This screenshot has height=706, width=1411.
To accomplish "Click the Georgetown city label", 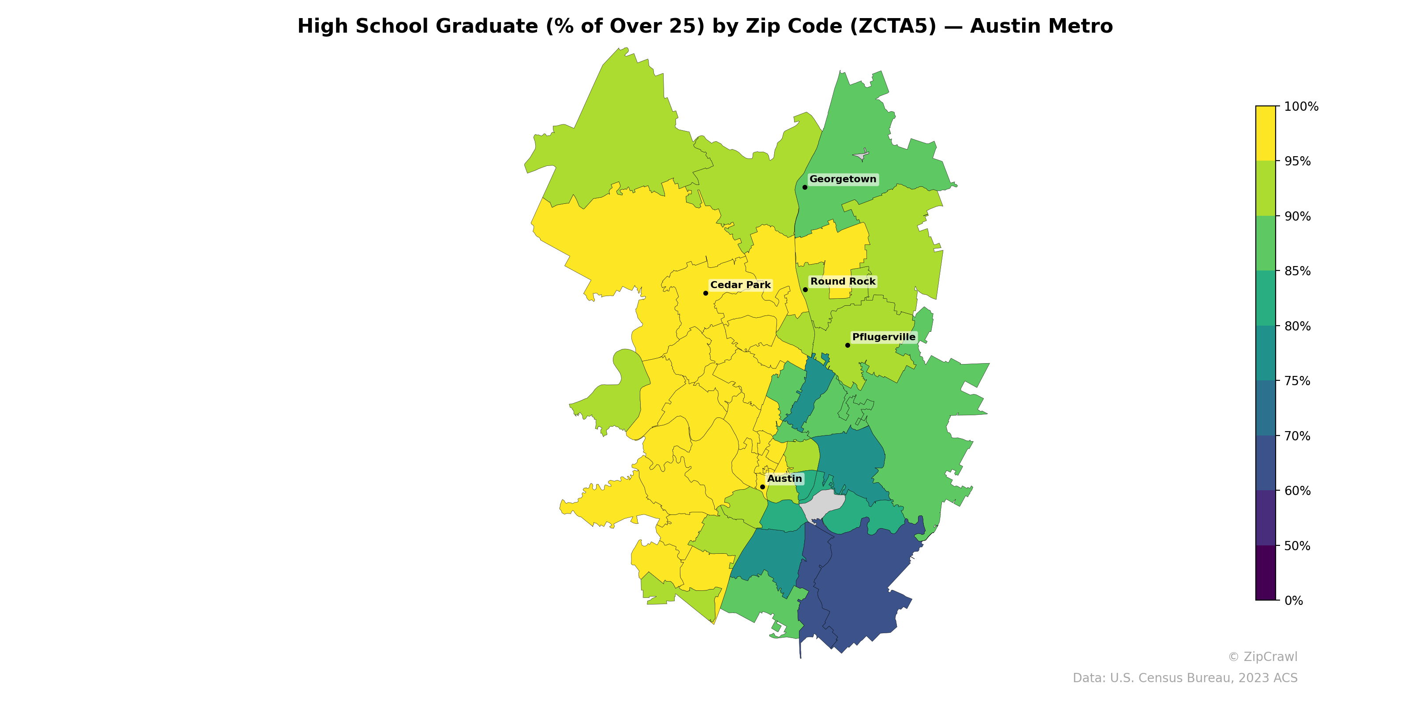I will (843, 179).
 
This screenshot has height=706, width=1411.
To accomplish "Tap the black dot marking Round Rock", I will (805, 289).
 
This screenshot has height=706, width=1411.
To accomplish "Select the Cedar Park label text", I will (740, 285).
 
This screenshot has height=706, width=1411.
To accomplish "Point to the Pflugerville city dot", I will (847, 345).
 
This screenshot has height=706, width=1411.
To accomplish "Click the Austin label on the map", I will (784, 478).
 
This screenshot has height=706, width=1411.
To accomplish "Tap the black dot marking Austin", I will (762, 487).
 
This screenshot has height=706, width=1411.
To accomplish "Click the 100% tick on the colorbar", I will (1301, 106).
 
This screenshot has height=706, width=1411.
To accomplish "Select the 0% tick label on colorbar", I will (1293, 601).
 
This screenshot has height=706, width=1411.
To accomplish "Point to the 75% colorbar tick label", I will (1297, 381).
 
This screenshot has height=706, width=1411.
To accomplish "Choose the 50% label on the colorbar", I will (1297, 546).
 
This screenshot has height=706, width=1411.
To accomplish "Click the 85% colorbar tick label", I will (1297, 271).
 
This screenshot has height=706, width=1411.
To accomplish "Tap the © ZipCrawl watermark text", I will (1262, 657).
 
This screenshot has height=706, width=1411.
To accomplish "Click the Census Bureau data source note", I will (1185, 678).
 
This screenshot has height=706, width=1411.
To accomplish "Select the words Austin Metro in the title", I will (1041, 26).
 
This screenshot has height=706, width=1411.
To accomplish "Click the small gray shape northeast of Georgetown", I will (862, 155).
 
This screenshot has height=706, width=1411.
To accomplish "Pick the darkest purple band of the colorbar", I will (1265, 573).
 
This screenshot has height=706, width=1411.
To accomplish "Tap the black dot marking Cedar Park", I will (705, 293).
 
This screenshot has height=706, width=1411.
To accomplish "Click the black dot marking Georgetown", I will (805, 188).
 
